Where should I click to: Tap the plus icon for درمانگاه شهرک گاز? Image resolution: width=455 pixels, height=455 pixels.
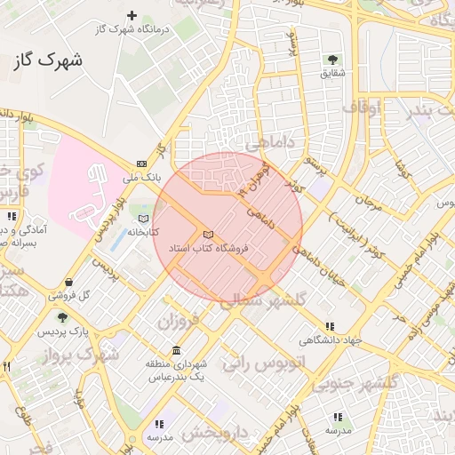pyautogui.click(x=132, y=15)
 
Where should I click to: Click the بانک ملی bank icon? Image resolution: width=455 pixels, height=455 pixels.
pyautogui.click(x=142, y=164)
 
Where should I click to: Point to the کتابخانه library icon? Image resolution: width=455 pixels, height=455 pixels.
pyautogui.click(x=143, y=218)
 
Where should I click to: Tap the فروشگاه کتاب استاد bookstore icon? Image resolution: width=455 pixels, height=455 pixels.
pyautogui.click(x=208, y=232)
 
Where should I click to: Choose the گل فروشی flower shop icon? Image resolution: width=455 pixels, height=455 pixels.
pyautogui.click(x=68, y=283)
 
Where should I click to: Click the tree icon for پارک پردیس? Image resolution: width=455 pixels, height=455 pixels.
pyautogui.click(x=61, y=317)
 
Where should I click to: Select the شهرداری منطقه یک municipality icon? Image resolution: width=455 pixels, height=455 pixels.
pyautogui.click(x=175, y=349)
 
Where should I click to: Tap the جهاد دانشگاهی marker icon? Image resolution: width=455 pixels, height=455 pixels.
pyautogui.click(x=331, y=326)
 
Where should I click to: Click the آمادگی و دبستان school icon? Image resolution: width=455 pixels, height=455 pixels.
pyautogui.click(x=12, y=216)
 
